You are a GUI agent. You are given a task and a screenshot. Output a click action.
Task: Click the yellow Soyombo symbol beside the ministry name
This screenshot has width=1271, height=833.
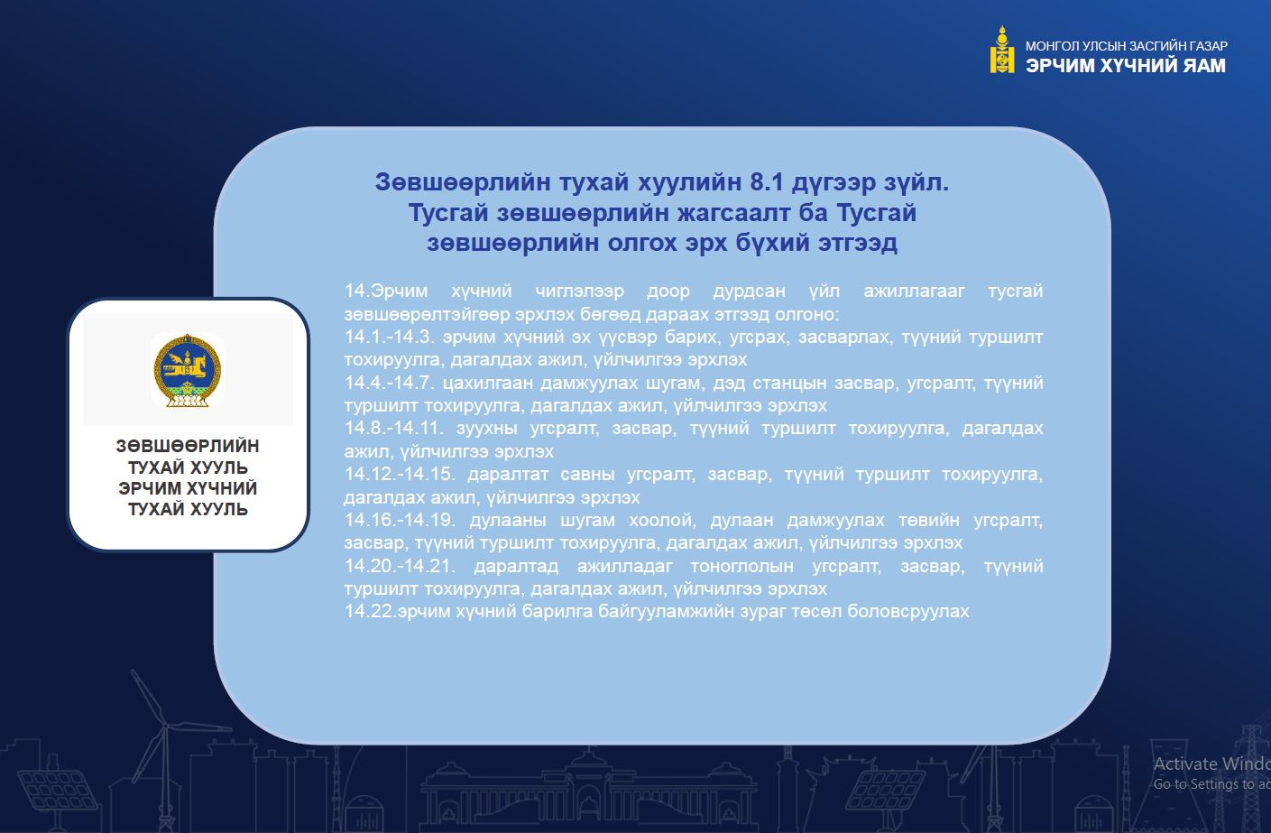1002,49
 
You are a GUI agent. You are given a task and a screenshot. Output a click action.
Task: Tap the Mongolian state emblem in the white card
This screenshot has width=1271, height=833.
188,370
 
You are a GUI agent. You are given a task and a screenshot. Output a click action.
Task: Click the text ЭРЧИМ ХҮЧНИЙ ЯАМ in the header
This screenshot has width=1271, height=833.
1126,66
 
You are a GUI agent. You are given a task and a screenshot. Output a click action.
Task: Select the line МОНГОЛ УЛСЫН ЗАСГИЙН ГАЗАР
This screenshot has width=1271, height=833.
1127,45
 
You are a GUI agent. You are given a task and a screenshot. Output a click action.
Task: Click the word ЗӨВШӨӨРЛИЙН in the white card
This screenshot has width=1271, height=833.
188,446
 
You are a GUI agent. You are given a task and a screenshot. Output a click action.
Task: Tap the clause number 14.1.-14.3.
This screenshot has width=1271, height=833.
390,337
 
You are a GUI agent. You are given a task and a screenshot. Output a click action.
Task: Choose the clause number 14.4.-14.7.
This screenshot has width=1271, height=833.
390,383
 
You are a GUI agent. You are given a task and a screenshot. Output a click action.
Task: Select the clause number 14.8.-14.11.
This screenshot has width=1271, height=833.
394,428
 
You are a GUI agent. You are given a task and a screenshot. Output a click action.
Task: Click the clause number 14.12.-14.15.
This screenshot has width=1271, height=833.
400,474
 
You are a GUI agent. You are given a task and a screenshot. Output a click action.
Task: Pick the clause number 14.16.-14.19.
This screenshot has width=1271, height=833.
400,520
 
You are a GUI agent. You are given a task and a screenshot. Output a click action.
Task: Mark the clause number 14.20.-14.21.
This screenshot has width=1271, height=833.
400,566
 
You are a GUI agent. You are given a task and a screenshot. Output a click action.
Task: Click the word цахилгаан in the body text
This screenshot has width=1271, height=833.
488,384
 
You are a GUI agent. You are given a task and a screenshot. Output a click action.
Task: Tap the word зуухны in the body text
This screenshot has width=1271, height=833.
487,429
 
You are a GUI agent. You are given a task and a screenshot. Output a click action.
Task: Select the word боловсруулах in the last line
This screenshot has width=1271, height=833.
907,612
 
